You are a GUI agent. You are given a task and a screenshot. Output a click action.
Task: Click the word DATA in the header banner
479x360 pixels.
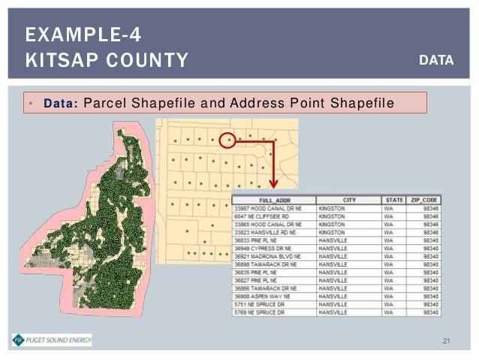tap(436, 59)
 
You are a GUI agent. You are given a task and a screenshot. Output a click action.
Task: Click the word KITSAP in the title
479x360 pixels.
tap(57, 59)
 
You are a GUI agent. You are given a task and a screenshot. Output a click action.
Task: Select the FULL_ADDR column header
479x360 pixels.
tap(275, 200)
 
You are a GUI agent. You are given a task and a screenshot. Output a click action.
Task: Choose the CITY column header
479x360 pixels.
tap(349, 200)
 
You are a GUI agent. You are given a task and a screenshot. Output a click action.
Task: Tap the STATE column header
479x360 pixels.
tap(394, 200)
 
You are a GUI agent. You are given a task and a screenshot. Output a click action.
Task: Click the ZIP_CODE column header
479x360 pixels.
tap(423, 200)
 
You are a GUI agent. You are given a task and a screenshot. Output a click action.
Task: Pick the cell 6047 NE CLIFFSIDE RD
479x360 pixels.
tap(263, 216)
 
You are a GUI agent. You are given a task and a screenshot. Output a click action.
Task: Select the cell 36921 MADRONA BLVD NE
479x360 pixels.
tap(268, 256)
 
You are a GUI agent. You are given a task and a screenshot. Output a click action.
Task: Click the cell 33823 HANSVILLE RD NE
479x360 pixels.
tap(267, 232)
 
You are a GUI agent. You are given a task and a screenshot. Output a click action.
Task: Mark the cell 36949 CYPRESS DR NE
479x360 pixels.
tap(264, 248)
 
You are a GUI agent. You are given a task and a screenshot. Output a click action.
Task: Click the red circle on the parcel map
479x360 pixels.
tap(230, 139)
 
